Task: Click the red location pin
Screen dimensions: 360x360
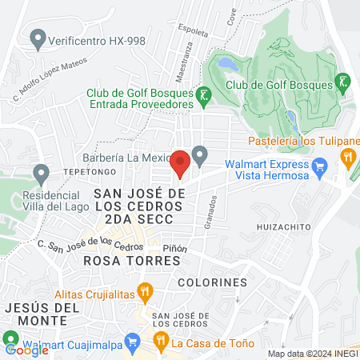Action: pyautogui.click(x=180, y=162)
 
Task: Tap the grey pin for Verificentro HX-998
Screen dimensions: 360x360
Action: pyautogui.click(x=36, y=38)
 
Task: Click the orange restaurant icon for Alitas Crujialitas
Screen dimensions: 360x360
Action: pyautogui.click(x=145, y=292)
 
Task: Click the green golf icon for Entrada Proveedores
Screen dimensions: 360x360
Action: pyautogui.click(x=205, y=98)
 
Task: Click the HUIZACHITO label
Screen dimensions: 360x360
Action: pyautogui.click(x=283, y=227)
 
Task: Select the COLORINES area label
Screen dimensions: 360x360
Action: pyautogui.click(x=212, y=282)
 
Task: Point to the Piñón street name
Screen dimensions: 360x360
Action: pyautogui.click(x=174, y=249)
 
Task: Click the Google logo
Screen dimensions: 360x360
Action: pyautogui.click(x=26, y=350)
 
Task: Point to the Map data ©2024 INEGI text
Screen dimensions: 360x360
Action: pyautogui.click(x=311, y=354)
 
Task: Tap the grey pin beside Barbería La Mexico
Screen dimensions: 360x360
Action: pyautogui.click(x=201, y=154)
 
